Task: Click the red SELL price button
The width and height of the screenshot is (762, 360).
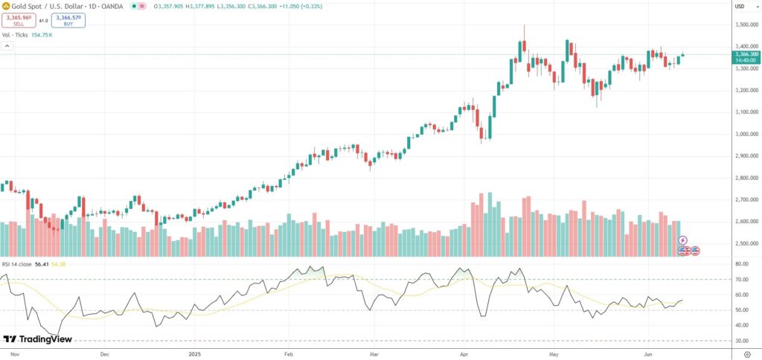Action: coord(18,21)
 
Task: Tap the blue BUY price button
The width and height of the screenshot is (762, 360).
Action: coord(68,21)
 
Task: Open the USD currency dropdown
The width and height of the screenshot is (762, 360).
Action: coord(740,7)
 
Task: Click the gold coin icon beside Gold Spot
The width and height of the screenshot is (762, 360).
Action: coord(5,6)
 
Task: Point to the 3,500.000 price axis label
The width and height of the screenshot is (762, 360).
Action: coord(745,25)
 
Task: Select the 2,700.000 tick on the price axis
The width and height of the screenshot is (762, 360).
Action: coord(745,200)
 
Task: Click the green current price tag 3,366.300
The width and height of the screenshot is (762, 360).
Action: coord(745,54)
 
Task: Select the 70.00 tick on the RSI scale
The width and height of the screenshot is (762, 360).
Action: coord(740,280)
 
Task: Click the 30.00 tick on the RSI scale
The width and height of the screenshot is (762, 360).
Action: coord(740,341)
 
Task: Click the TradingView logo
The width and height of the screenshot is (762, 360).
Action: coord(37,338)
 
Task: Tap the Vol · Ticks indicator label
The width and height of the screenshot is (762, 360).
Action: coord(16,35)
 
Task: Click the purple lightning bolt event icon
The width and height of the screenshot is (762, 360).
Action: coord(683,241)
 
